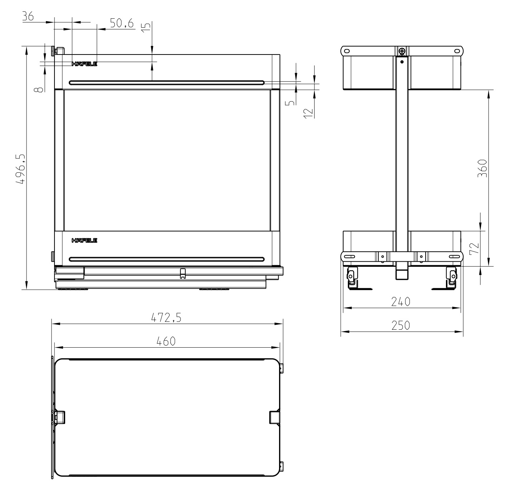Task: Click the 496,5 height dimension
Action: (20, 169)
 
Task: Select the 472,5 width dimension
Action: (165, 318)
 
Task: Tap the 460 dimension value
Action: (166, 341)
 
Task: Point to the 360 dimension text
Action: (483, 168)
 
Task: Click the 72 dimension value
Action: (474, 248)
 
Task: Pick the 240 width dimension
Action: (400, 302)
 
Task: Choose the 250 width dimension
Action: (400, 325)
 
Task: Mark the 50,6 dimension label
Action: (121, 24)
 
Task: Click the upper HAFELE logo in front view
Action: (85, 64)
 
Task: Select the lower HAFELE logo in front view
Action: (85, 240)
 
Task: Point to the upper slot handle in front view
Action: (167, 83)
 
